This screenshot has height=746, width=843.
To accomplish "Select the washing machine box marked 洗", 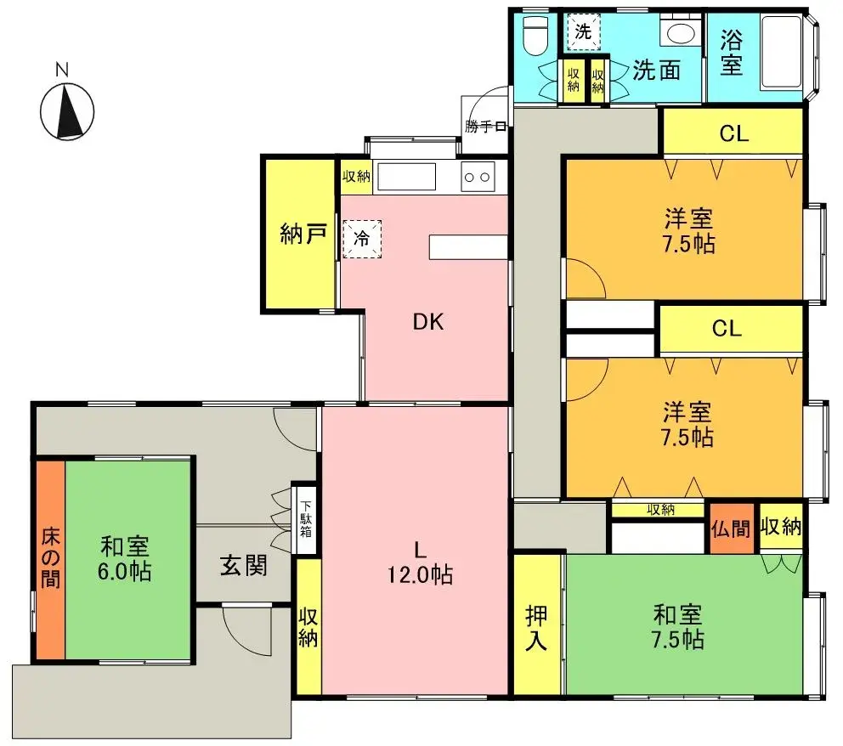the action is point(583,31).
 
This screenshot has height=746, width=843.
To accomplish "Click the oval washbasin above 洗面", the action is point(681,33).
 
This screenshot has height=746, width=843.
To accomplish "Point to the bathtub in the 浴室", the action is point(782,54).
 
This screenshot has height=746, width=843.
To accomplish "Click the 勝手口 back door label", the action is point(486,127).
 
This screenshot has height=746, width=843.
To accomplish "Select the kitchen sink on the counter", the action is point(406,176).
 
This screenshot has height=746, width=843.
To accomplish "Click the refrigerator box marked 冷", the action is point(362,239).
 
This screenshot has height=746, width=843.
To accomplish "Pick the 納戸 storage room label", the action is point(303,234).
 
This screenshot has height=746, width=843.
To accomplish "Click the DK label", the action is point(428,321).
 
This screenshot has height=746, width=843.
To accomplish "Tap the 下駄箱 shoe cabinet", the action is point(305,520).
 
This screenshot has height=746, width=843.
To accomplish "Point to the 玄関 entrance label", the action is point(244,565).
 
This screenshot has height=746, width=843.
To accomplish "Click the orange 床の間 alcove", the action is point(50,559).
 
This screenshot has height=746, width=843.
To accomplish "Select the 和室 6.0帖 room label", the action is point(125,558).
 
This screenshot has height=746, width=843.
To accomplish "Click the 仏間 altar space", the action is point(731,528).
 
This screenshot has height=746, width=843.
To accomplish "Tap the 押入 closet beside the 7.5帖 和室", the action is point(536,624).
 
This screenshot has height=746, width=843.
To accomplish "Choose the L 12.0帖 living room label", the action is point(420,562).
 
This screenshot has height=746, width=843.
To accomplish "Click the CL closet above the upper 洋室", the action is point(733,133).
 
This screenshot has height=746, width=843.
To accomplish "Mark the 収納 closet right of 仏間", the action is point(781,527).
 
